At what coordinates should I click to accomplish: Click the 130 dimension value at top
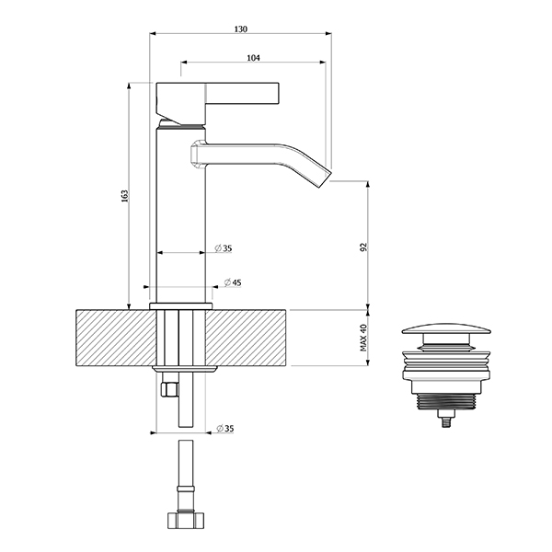tap(241, 29)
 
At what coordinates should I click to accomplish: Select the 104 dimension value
tap(253, 58)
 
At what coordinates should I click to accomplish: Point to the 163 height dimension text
tap(125, 196)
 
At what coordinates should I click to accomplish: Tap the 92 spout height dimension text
tap(363, 247)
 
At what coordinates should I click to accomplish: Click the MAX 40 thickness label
tap(363, 338)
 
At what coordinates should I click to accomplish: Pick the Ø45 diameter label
tap(233, 282)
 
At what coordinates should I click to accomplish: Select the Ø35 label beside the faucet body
tap(224, 248)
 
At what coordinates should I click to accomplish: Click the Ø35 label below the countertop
tap(225, 429)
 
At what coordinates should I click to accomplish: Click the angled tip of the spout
tap(325, 178)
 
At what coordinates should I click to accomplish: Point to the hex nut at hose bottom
tap(186, 521)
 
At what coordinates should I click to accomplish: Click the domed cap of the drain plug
tap(446, 330)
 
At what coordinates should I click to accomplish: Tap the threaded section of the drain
tap(446, 401)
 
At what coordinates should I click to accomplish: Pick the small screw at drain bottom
tap(446, 420)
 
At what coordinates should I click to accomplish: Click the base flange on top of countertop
tap(181, 306)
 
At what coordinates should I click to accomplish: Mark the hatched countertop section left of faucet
tap(117, 338)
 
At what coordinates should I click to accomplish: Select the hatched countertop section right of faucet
tap(246, 338)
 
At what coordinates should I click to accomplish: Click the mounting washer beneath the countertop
tap(185, 369)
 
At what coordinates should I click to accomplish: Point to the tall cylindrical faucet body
tap(180, 214)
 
